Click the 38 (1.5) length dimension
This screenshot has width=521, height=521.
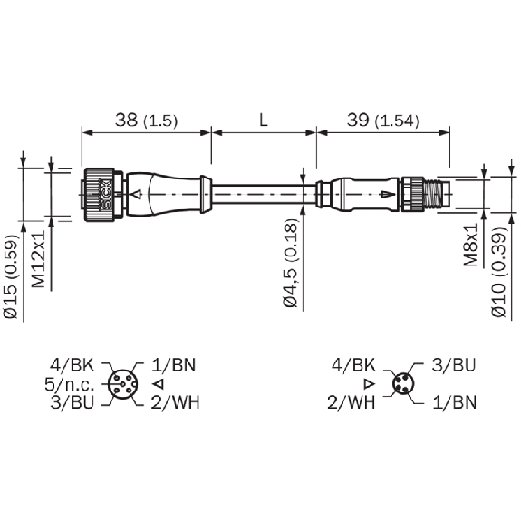coord(146,121)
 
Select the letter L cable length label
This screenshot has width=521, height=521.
coord(264,120)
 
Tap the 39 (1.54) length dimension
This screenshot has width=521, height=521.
coord(382,121)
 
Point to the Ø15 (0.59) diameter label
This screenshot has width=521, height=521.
coord(11,276)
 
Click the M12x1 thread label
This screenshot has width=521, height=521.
coord(39,259)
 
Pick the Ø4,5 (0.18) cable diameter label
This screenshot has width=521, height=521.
coord(291,263)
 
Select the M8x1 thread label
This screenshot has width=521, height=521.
coord(470,245)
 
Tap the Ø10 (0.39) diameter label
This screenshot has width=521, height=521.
coord(499,272)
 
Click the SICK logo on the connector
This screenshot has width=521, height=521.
coord(106,195)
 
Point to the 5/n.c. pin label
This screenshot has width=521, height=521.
coord(70,384)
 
